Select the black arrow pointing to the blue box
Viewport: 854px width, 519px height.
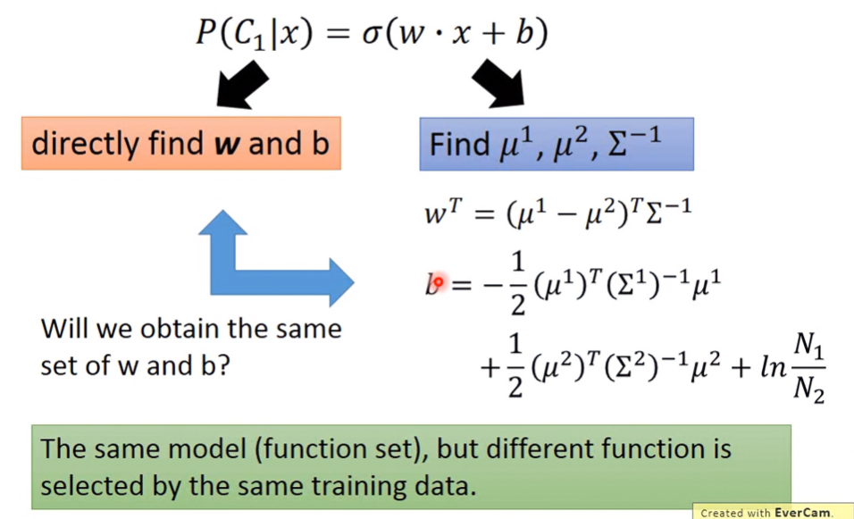click(x=498, y=83)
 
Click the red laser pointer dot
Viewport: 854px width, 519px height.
click(x=438, y=282)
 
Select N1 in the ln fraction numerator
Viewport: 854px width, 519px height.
click(x=808, y=346)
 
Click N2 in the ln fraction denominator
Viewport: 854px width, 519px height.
click(x=808, y=389)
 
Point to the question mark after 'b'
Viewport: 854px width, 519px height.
click(x=224, y=365)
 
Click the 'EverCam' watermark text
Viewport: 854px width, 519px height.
click(x=802, y=513)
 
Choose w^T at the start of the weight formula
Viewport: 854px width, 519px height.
click(x=443, y=212)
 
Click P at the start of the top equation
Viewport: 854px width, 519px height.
click(x=206, y=33)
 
